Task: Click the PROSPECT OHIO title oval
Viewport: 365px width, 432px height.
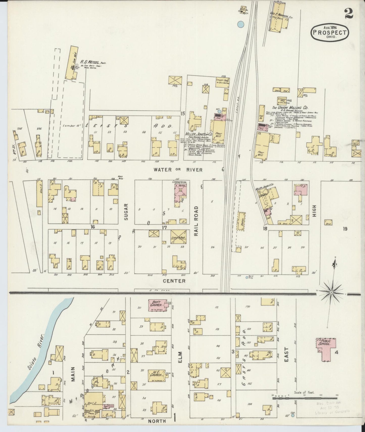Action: (330, 32)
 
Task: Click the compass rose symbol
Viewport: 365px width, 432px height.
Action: (331, 292)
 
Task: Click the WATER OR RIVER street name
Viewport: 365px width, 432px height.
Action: (178, 170)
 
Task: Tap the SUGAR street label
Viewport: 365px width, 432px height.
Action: (126, 212)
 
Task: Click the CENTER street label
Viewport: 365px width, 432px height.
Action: (174, 281)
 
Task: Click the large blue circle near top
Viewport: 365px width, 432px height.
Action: (241, 25)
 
